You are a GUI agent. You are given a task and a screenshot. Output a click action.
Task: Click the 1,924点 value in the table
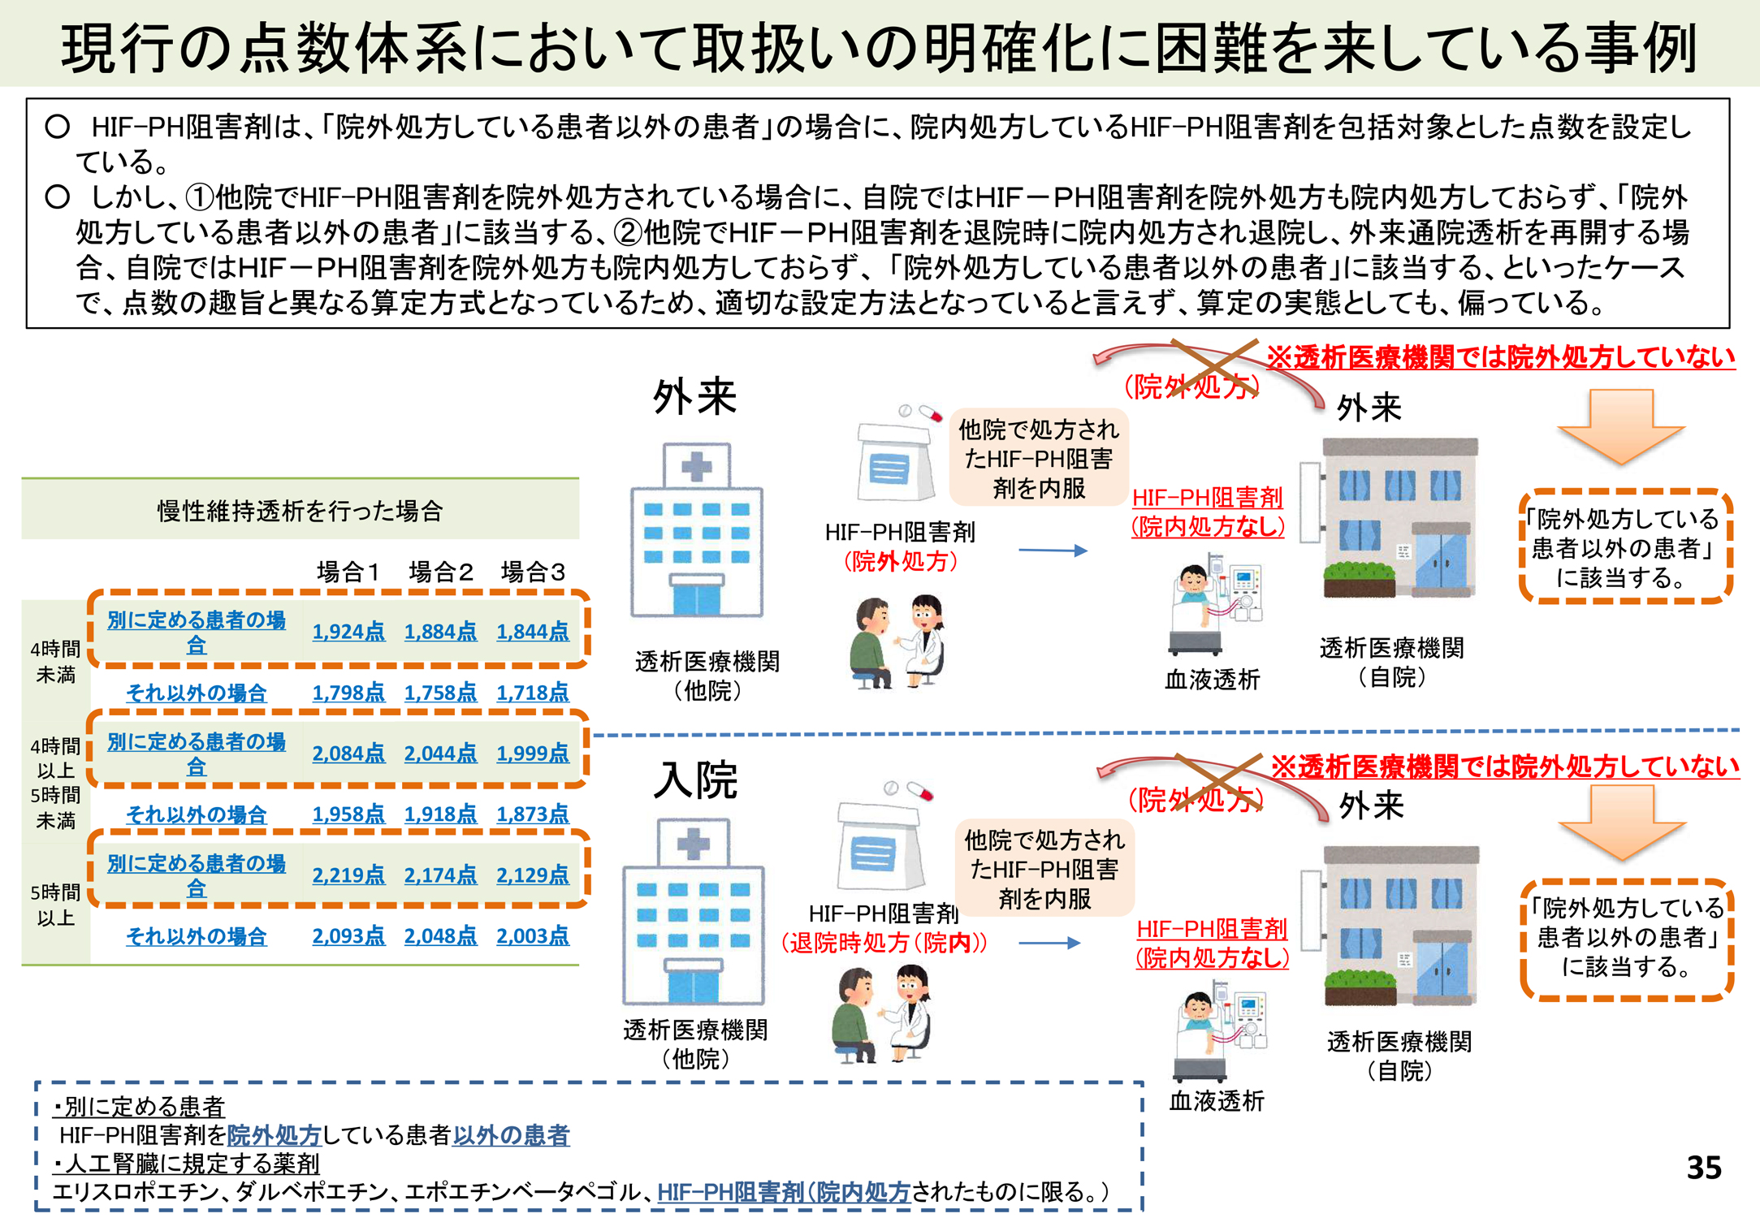click(348, 631)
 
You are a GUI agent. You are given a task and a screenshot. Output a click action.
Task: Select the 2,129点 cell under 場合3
click(532, 875)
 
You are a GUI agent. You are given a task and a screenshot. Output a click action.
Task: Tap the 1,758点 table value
click(440, 692)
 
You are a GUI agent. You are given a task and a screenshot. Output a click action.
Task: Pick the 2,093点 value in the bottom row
click(348, 935)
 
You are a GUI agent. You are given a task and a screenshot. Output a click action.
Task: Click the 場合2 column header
click(440, 572)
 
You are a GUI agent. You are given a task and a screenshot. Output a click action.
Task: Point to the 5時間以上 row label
click(55, 905)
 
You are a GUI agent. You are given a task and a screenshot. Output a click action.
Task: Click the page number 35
click(1703, 1168)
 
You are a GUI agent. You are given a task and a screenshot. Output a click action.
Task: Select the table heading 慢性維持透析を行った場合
click(300, 511)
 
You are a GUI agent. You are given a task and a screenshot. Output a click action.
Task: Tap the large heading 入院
click(695, 780)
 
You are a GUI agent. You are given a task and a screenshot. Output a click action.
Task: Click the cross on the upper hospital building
click(695, 467)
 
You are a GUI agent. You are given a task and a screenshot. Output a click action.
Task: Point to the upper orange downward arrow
click(1621, 425)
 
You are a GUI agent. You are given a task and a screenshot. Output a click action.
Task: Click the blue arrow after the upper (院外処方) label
click(1053, 551)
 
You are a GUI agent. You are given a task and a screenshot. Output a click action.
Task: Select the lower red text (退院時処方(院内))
click(884, 943)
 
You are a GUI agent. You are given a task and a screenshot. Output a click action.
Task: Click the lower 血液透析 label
click(1216, 1101)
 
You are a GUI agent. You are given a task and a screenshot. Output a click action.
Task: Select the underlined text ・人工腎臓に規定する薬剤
click(186, 1163)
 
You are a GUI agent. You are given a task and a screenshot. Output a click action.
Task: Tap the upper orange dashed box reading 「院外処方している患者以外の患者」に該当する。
click(1625, 547)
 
